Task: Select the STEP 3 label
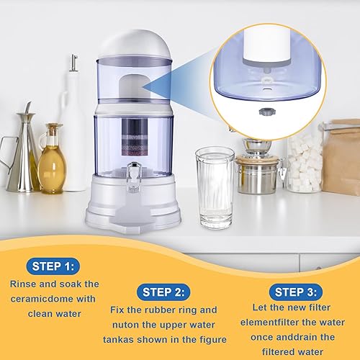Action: [x=295, y=292]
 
